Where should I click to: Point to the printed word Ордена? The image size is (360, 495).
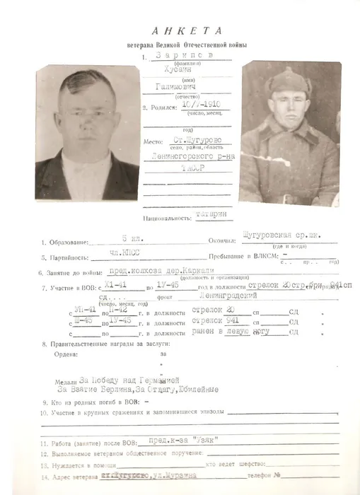click(57, 355)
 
